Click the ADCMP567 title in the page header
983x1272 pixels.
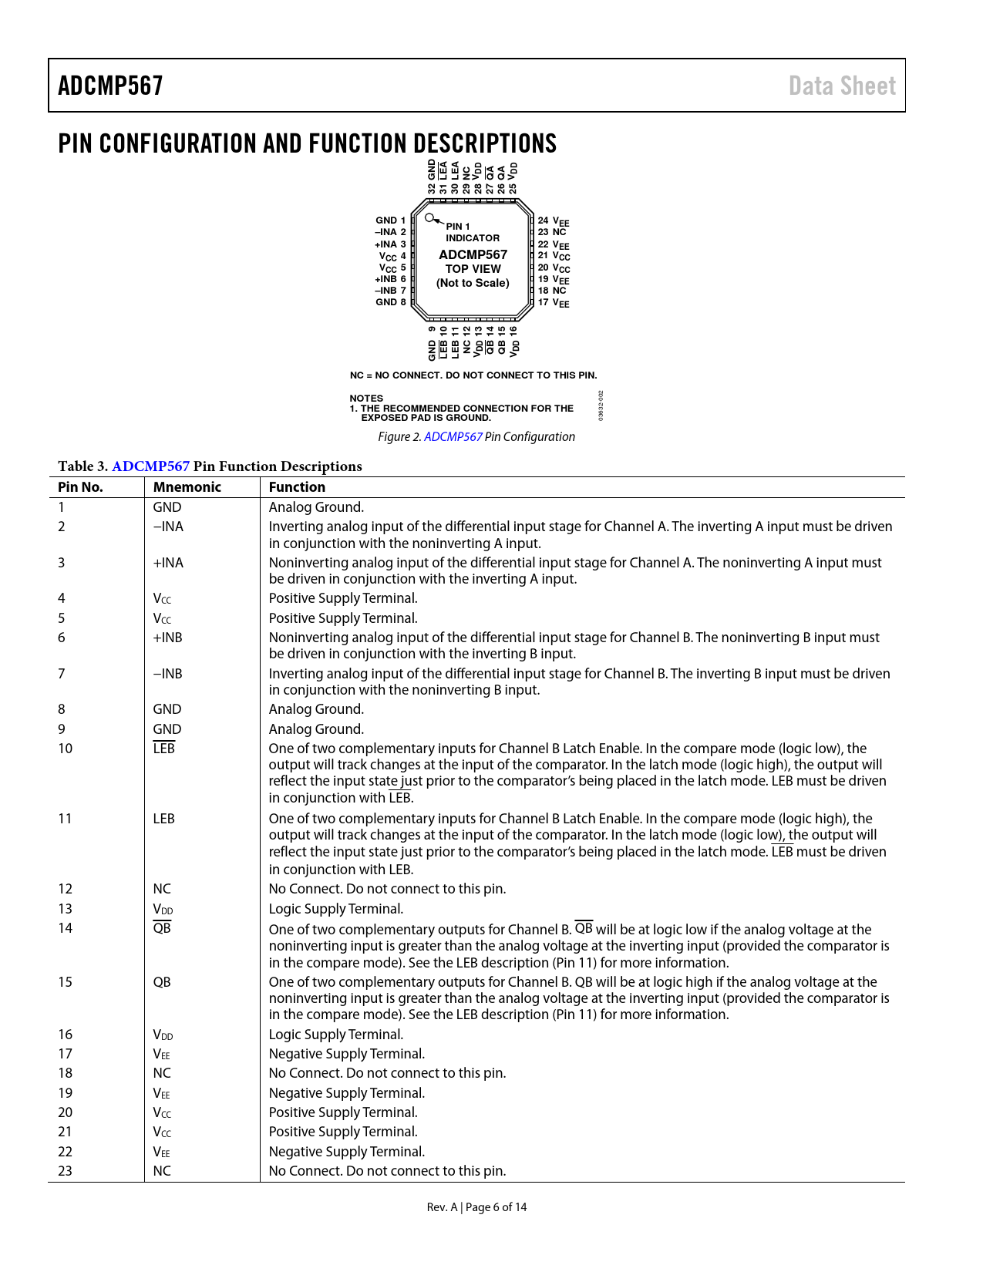coord(110,86)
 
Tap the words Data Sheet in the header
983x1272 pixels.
coord(842,86)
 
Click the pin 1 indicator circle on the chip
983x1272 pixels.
coord(429,218)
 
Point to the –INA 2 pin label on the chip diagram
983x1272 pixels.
coord(390,232)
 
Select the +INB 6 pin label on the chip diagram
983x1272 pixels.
coord(390,279)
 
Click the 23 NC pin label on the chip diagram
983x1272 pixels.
coord(552,232)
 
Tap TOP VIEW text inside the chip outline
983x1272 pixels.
coord(473,269)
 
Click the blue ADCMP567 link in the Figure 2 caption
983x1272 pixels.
coord(453,437)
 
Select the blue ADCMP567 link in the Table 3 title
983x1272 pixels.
coord(150,466)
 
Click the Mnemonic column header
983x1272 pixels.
coord(187,487)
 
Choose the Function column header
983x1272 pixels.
coord(297,487)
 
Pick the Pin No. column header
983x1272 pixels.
coord(80,487)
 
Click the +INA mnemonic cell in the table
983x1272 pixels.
coord(168,563)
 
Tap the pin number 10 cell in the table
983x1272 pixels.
coord(66,749)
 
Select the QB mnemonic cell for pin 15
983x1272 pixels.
coord(162,982)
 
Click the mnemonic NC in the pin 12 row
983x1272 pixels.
coord(162,889)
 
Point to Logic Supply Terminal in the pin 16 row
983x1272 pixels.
coord(336,1035)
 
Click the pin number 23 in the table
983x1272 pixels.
coord(66,1171)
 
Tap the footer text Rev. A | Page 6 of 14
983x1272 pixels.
coord(476,1207)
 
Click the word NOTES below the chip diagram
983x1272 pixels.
coord(366,399)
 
